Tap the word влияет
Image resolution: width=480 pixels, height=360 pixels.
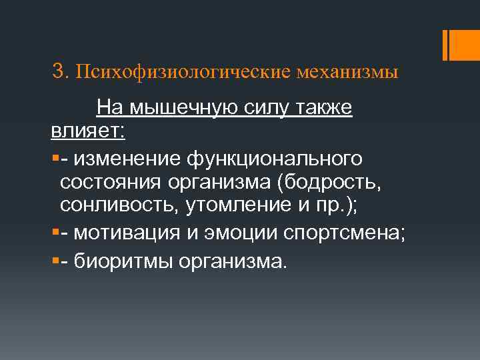[x=85, y=131]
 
